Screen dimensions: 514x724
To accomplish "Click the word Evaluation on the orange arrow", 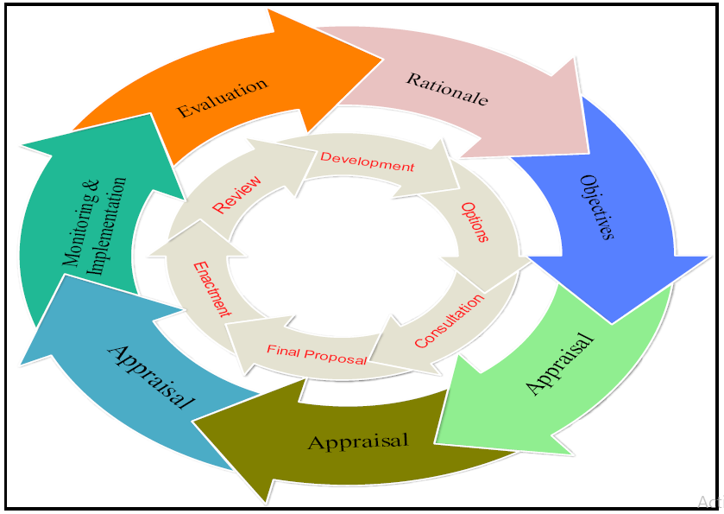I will pos(222,98).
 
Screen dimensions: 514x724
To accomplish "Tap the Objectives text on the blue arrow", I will pos(597,206).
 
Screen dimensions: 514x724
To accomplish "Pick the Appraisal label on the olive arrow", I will pos(357,442).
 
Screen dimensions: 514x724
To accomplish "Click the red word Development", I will pos(367,162).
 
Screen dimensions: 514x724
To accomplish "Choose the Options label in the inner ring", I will pos(475,222).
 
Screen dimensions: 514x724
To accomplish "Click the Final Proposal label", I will pos(317,354).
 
